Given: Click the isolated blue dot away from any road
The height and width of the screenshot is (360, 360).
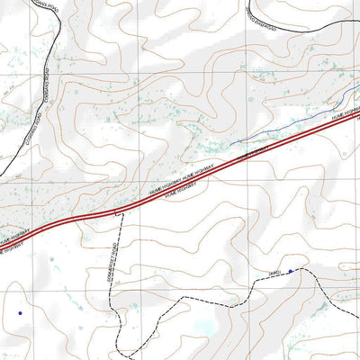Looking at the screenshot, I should (x=19, y=313).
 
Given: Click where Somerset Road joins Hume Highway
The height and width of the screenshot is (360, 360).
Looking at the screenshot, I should (x=117, y=213).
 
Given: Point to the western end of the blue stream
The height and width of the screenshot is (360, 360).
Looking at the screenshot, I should (x=229, y=145).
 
